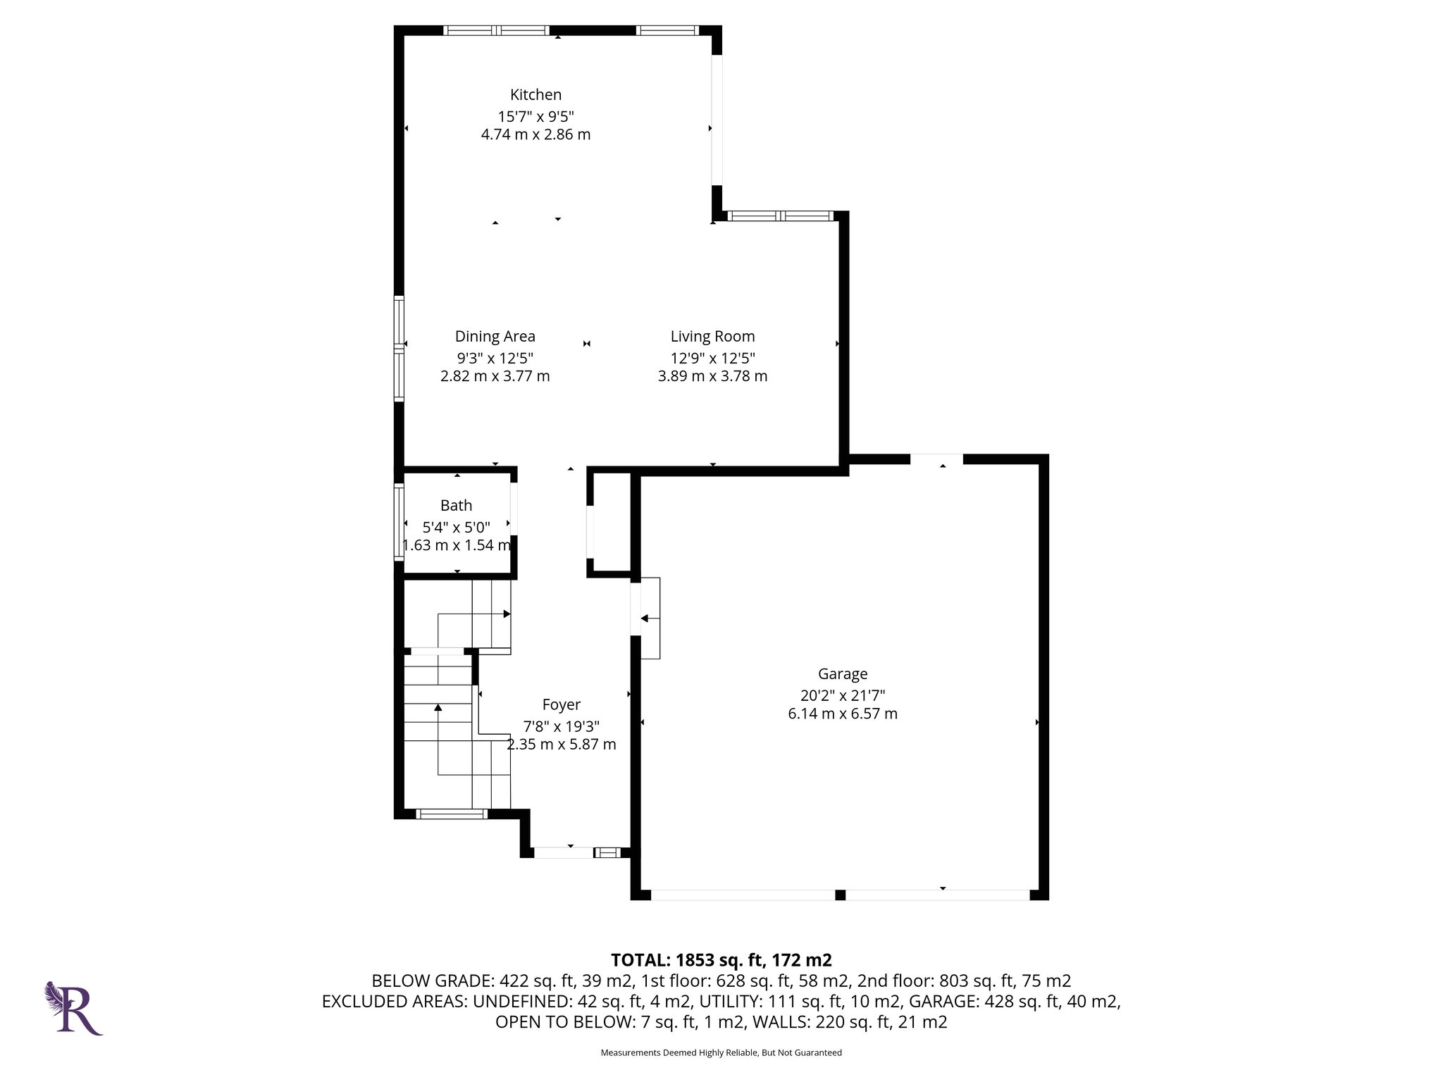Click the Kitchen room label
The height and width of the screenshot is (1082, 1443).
point(535,94)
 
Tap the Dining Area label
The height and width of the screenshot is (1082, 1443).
point(495,337)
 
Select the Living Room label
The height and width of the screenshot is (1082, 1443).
point(712,337)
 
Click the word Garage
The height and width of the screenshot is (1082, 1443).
point(842,674)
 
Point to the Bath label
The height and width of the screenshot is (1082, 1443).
point(456,505)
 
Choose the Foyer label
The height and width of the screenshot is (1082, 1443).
point(561,704)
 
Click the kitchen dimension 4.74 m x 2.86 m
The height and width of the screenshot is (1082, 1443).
point(535,135)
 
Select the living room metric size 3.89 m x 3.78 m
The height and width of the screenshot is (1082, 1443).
point(712,376)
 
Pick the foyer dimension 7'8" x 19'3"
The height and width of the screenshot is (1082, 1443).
point(561,726)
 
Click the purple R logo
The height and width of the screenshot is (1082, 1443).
point(73,1008)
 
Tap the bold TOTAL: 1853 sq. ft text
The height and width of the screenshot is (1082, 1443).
point(721,960)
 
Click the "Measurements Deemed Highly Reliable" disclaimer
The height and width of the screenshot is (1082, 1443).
point(721,1052)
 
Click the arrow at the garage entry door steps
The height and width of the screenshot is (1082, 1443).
point(645,618)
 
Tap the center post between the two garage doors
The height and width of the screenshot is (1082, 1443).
point(839,895)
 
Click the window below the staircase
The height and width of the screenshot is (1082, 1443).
point(452,814)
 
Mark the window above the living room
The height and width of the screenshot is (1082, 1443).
point(780,216)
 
